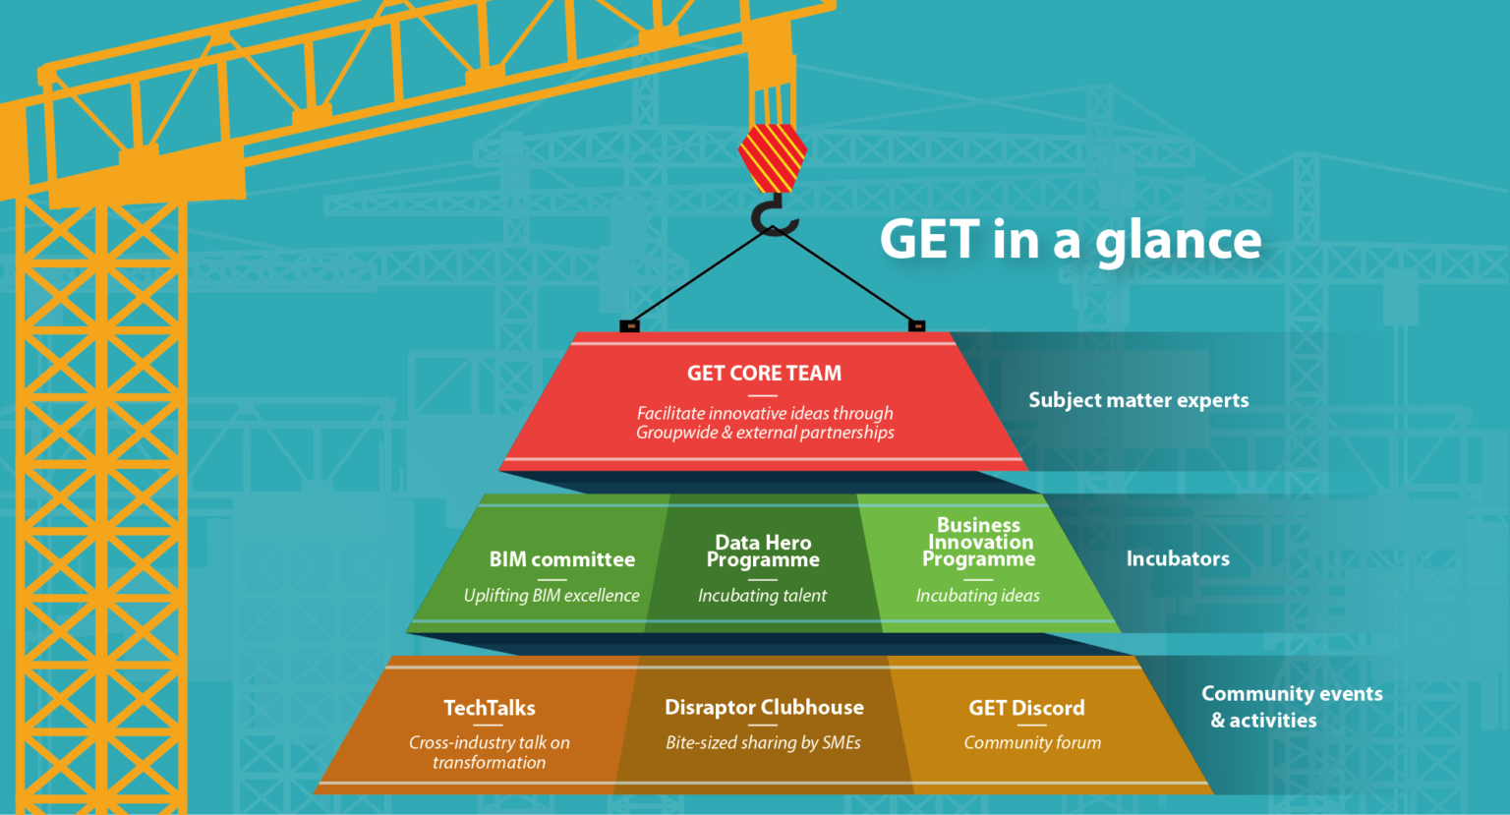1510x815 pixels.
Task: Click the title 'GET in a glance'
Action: (x=1070, y=240)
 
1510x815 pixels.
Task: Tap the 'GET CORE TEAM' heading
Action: (x=764, y=374)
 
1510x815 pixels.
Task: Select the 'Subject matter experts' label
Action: (x=1138, y=400)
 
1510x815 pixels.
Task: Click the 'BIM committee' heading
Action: (x=561, y=559)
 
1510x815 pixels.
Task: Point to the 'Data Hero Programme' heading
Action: (x=763, y=551)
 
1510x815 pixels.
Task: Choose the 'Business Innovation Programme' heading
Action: (x=979, y=542)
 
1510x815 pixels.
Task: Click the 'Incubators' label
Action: (x=1178, y=558)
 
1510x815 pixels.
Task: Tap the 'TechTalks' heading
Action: (x=490, y=708)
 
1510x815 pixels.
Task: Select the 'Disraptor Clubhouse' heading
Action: (x=764, y=707)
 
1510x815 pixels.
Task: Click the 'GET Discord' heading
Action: (x=1026, y=708)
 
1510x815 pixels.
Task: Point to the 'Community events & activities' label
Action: (x=1292, y=707)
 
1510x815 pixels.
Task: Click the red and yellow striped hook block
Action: (x=773, y=158)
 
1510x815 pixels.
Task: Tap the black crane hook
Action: (x=774, y=215)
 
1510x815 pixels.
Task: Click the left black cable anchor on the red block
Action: (x=629, y=326)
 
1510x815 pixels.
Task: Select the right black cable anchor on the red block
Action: (x=917, y=326)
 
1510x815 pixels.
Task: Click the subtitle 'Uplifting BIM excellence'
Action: (x=552, y=595)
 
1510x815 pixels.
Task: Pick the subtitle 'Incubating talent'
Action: (x=762, y=595)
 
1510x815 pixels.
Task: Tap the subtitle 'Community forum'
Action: (x=1032, y=742)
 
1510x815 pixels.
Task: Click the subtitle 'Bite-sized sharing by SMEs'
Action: (x=763, y=742)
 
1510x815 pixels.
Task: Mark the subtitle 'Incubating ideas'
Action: (x=977, y=595)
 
